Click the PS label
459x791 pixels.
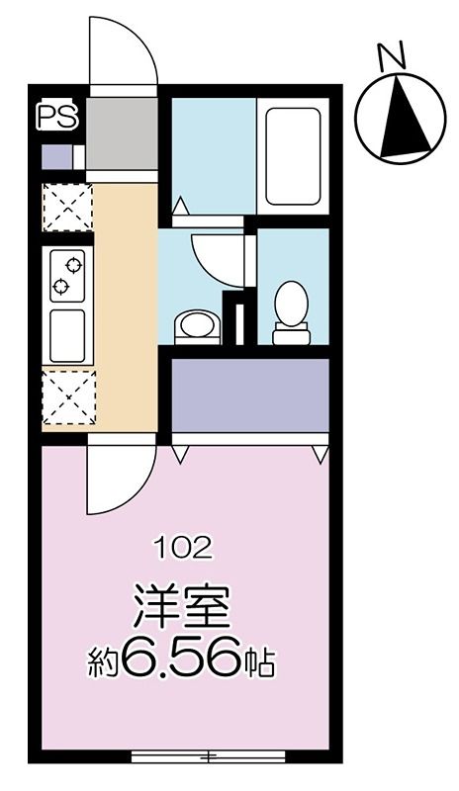pos(57,116)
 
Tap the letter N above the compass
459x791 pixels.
pos(393,55)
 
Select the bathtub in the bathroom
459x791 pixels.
pos(293,156)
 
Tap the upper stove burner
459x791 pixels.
pos(74,265)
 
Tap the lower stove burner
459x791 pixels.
pos(60,286)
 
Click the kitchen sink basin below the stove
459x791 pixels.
pos(67,335)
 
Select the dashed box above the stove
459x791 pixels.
pos(67,208)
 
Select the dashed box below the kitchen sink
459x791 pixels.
pos(68,397)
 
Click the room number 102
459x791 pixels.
pos(184,549)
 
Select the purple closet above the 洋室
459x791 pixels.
pos(250,395)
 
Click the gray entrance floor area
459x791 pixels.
pos(122,133)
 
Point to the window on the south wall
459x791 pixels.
pos(208,756)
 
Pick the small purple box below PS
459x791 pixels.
pos(57,157)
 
